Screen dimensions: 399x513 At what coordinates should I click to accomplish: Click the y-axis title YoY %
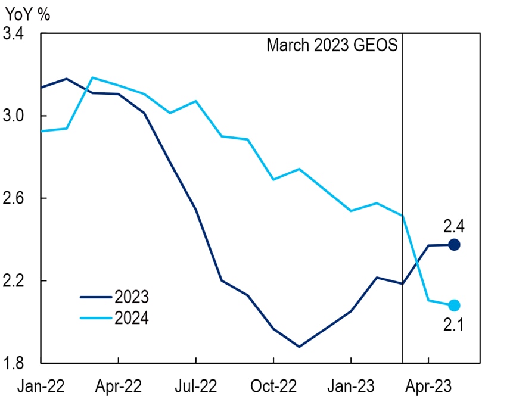(27, 14)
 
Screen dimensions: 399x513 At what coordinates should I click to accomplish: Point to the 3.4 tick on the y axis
(14, 34)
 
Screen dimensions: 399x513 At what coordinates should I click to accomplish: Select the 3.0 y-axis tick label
(14, 116)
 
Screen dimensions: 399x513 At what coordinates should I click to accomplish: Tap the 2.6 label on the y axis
(14, 198)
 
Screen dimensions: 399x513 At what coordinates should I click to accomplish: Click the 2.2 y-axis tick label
(14, 280)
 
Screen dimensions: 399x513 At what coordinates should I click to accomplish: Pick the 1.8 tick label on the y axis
(14, 363)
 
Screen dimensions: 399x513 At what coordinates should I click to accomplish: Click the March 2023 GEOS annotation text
(331, 46)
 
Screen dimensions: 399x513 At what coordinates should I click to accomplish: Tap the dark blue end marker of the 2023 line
(454, 244)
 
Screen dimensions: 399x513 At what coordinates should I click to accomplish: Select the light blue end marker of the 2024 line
(454, 306)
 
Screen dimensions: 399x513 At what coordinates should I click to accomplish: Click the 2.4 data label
(455, 226)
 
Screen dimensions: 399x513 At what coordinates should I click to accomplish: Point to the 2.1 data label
(455, 325)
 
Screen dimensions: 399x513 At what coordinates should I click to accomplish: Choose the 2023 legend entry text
(131, 296)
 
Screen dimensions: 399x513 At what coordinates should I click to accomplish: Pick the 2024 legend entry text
(131, 317)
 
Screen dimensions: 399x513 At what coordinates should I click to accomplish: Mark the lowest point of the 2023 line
(299, 347)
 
